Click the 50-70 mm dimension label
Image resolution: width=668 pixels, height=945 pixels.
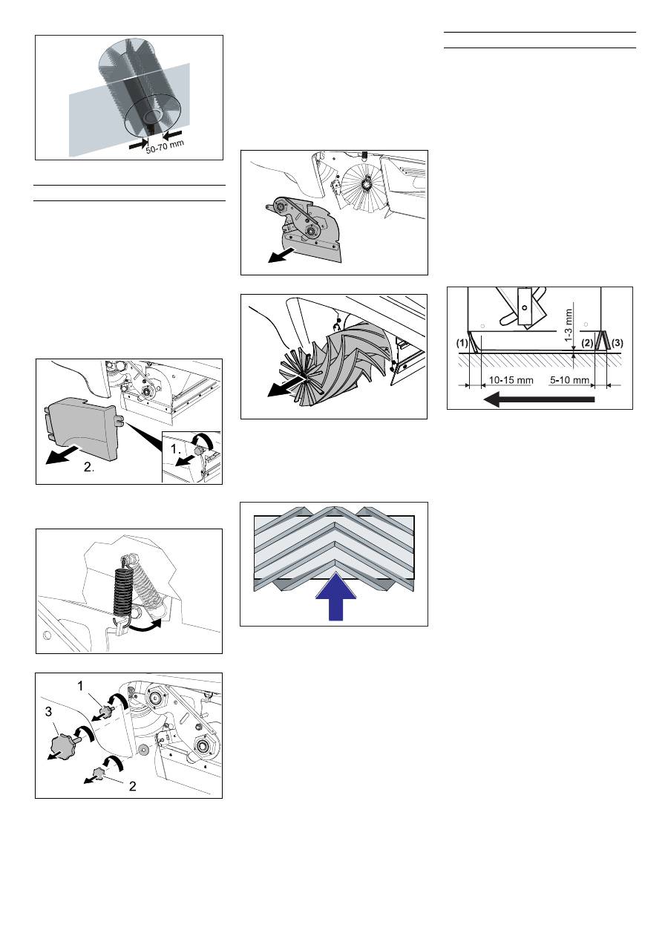tap(165, 146)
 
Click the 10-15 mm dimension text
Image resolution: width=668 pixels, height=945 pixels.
tap(511, 380)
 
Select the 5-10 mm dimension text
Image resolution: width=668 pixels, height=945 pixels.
tap(569, 380)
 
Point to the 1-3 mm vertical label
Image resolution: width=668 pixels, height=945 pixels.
tap(569, 325)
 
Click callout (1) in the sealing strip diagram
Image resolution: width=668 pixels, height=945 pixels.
tap(462, 342)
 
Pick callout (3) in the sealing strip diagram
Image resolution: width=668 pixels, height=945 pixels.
tap(617, 342)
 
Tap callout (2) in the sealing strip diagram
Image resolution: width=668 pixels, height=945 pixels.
tap(587, 342)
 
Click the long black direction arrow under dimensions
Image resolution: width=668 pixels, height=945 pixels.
tap(539, 399)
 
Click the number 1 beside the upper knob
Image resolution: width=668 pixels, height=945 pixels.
tap(81, 687)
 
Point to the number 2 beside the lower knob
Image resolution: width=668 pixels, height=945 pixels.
tap(132, 786)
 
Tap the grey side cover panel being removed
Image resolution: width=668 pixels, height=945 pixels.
tap(82, 428)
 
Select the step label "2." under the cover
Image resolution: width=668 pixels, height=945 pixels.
tap(89, 467)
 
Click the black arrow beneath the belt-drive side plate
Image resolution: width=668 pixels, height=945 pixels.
tap(281, 255)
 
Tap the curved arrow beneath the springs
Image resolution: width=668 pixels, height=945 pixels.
tap(146, 627)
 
